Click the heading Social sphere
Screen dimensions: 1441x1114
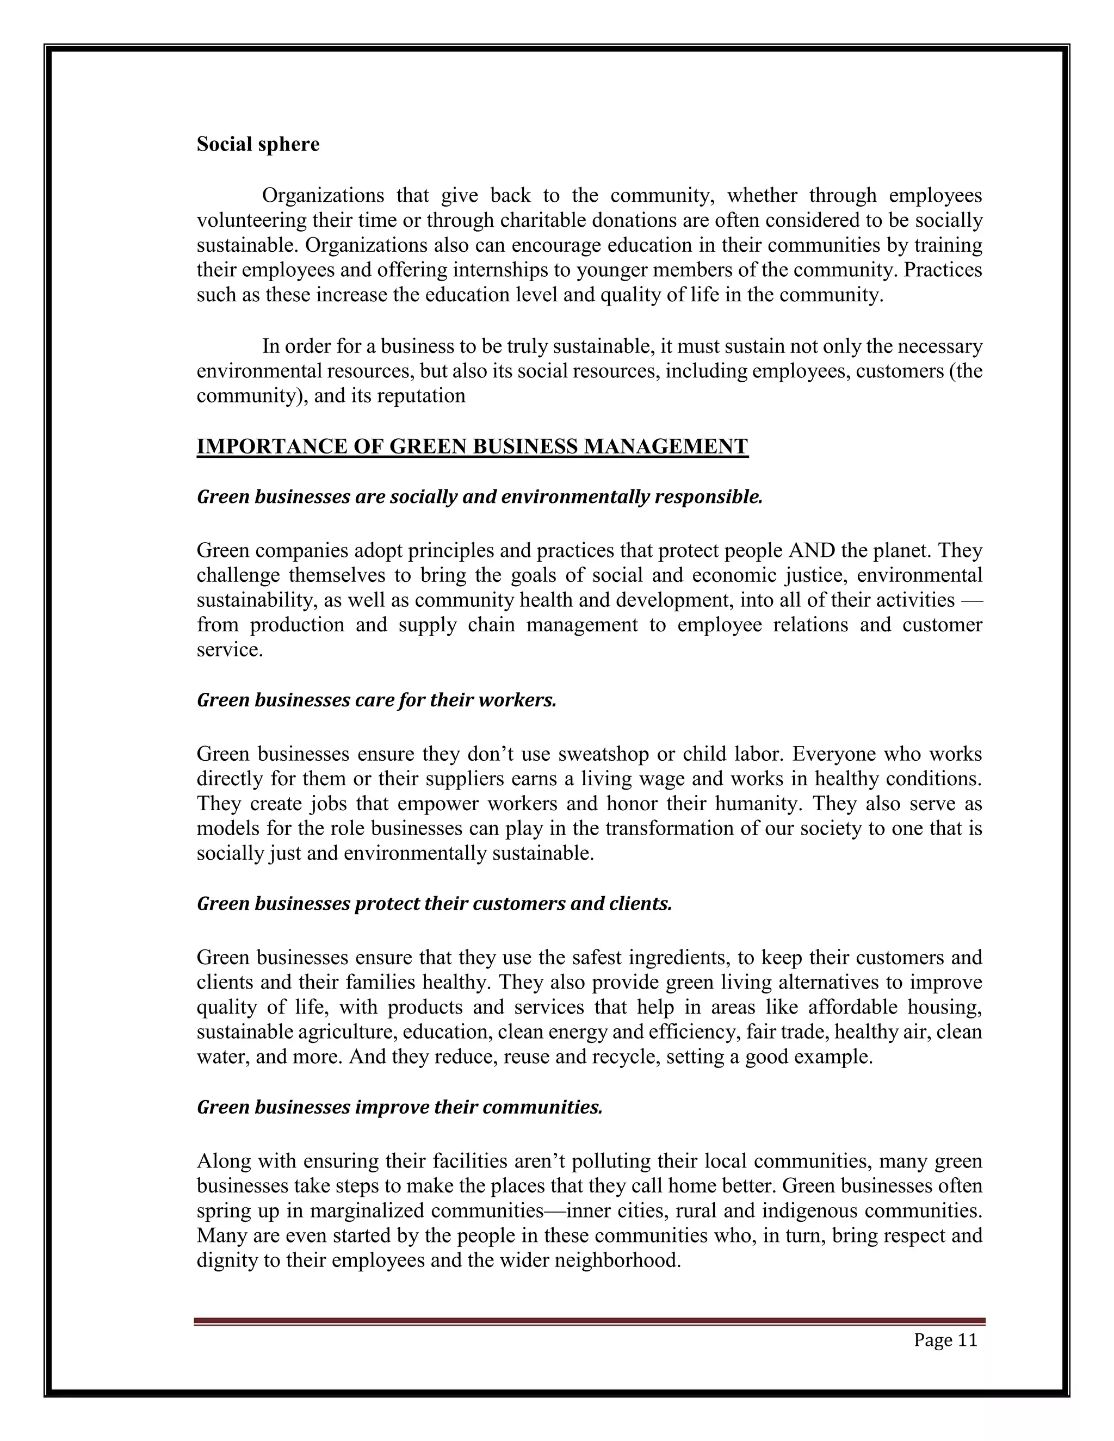(257, 145)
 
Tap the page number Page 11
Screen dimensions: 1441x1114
(945, 1340)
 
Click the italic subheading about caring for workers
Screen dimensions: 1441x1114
(376, 700)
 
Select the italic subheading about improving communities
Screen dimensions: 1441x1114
(399, 1107)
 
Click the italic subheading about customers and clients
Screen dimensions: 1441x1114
(434, 903)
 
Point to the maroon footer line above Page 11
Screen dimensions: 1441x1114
(589, 1321)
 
